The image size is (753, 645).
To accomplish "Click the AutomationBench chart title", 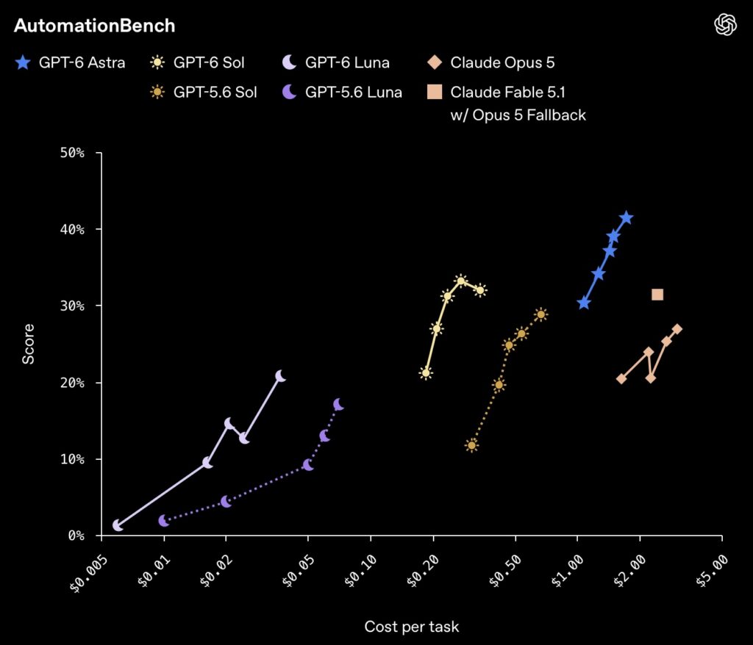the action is [x=95, y=26].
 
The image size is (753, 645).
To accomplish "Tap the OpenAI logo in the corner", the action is [x=725, y=24].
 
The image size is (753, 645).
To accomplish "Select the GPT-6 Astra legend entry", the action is [x=70, y=62].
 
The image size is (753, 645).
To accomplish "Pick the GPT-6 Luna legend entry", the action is [x=335, y=62].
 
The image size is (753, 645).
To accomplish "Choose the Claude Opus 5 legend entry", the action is [x=490, y=62].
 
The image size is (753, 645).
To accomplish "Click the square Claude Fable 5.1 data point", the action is [x=657, y=294].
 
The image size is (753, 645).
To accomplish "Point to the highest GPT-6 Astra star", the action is [x=627, y=218].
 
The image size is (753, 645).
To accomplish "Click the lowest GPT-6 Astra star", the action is [x=583, y=303].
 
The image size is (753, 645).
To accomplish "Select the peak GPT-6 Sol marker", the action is [x=461, y=281].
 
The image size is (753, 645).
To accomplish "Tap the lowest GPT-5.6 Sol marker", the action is [x=471, y=445].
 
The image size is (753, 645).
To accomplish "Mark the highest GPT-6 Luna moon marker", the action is [x=280, y=376].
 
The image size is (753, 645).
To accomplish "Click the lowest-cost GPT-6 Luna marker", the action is [x=118, y=525].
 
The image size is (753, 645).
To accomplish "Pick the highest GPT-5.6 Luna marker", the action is [x=338, y=405].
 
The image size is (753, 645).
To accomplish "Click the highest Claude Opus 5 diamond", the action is [x=677, y=329].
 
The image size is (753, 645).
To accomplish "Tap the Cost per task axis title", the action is [x=412, y=627].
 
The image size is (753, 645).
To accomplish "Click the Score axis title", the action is [x=29, y=344].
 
